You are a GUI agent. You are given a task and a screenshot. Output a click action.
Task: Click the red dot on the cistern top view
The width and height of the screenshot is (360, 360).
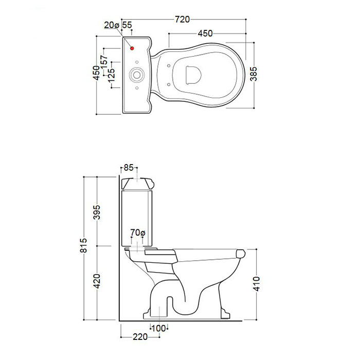point(132,48)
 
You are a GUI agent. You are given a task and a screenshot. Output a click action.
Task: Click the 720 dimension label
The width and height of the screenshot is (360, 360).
point(183,20)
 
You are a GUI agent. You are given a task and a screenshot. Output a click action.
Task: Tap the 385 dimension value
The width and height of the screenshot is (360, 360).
point(254,74)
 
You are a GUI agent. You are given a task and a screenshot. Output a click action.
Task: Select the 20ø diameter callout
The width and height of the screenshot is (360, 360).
point(112,25)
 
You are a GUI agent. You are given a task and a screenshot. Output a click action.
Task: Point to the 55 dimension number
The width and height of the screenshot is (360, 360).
point(127,25)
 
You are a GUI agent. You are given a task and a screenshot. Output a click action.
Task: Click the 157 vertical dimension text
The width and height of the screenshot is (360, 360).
point(104,62)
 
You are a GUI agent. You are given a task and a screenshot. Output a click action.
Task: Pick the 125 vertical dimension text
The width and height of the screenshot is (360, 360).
point(112,75)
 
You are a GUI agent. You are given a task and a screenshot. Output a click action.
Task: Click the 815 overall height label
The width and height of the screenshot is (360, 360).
point(83,245)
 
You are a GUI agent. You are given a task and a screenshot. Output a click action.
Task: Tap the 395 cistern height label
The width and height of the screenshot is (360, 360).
point(97,212)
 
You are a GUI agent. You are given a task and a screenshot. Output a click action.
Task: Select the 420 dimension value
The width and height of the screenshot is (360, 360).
point(97,281)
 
